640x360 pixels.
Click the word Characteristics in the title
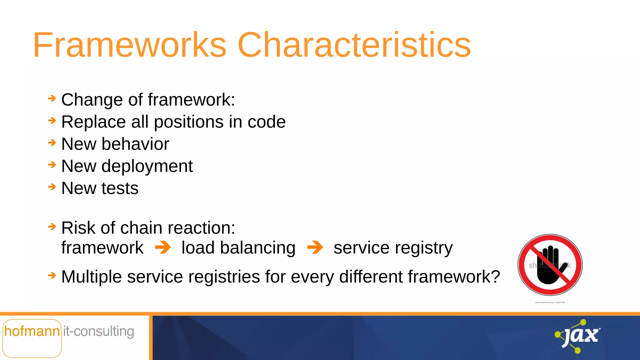click(x=354, y=45)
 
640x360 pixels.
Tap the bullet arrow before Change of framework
click(x=52, y=99)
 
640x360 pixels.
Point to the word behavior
click(x=135, y=144)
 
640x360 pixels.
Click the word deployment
click(x=147, y=166)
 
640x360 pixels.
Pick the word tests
click(x=120, y=188)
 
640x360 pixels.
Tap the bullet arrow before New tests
click(x=52, y=187)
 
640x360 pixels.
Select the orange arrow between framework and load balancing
click(x=163, y=247)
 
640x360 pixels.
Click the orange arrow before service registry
click(x=315, y=247)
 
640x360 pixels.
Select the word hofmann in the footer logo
click(x=32, y=331)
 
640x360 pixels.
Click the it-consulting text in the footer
click(x=99, y=331)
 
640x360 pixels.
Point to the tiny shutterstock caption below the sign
click(x=550, y=302)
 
